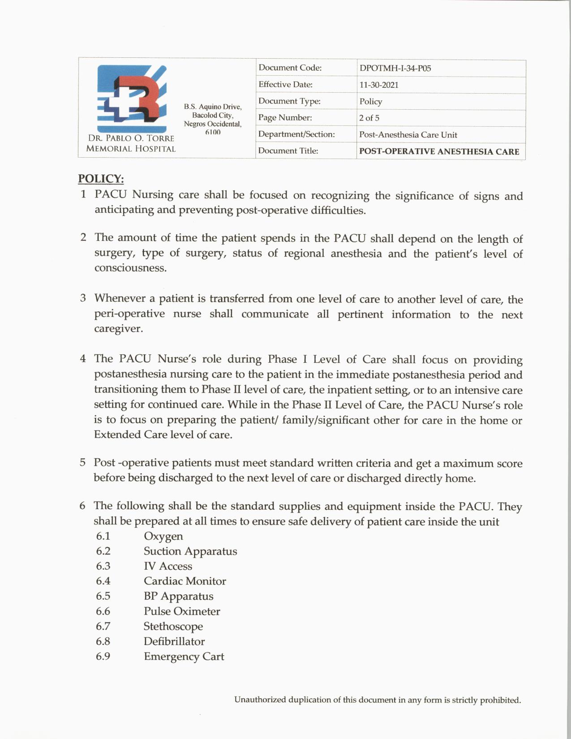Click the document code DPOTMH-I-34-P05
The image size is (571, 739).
click(x=395, y=69)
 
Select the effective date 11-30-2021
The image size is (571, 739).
click(x=379, y=85)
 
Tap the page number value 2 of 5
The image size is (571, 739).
click(x=369, y=118)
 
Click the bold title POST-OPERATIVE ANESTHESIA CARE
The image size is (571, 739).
click(x=439, y=151)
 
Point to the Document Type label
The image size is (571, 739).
click(x=289, y=101)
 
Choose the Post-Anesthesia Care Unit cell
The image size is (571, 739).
click(x=408, y=135)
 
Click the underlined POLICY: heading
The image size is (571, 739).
click(x=101, y=179)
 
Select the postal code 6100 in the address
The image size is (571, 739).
click(x=213, y=132)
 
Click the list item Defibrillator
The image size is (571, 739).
click(x=174, y=641)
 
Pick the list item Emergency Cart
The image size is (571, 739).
click(x=184, y=657)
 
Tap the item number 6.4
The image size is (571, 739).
click(x=103, y=581)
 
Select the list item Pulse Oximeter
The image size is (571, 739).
click(x=182, y=611)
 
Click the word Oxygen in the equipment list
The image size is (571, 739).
click(x=163, y=536)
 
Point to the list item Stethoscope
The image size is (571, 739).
click(x=173, y=626)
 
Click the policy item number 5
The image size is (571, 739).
click(x=83, y=463)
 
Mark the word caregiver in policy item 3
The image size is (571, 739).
click(x=118, y=329)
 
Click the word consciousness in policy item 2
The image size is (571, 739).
click(x=130, y=268)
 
